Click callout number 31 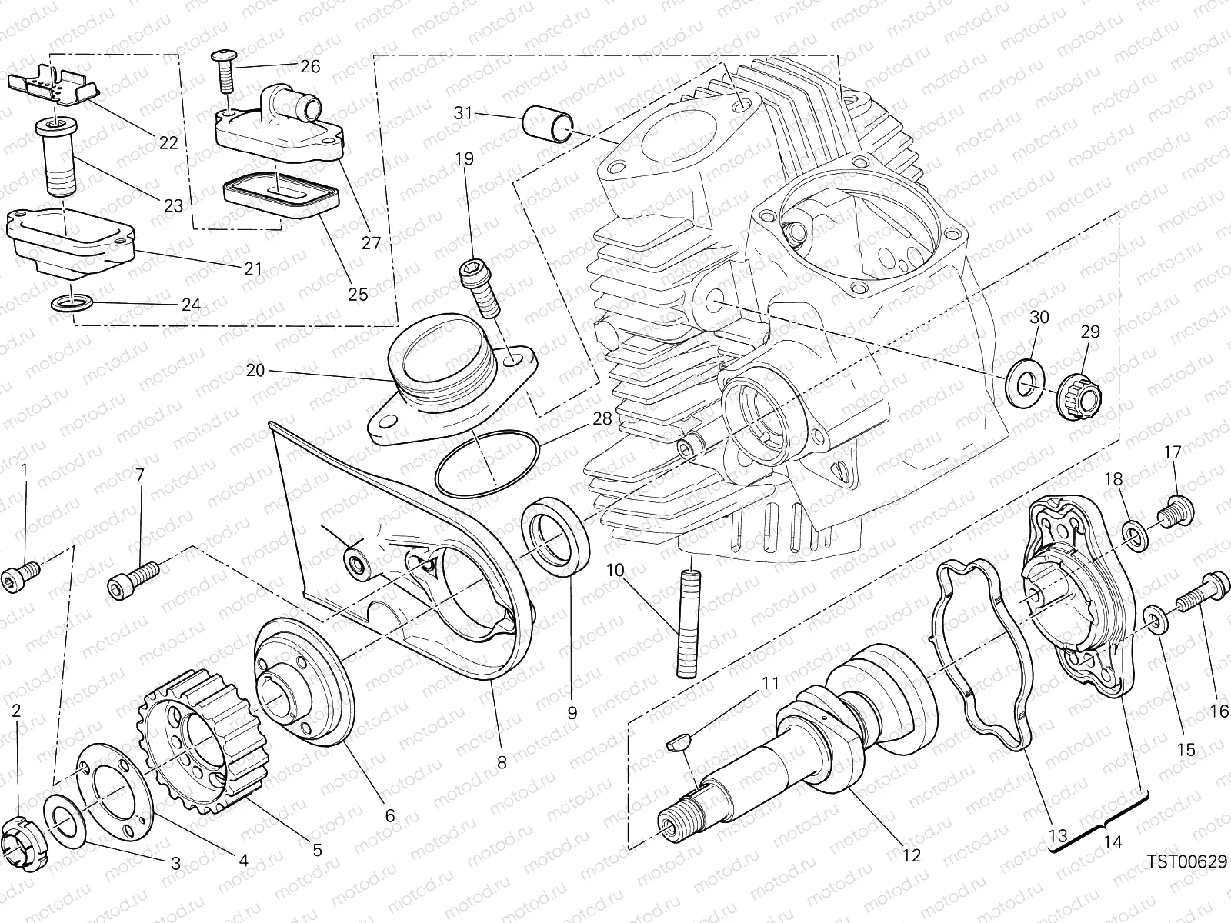click(x=462, y=113)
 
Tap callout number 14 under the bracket click(x=1112, y=842)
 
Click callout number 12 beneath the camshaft click(x=911, y=855)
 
